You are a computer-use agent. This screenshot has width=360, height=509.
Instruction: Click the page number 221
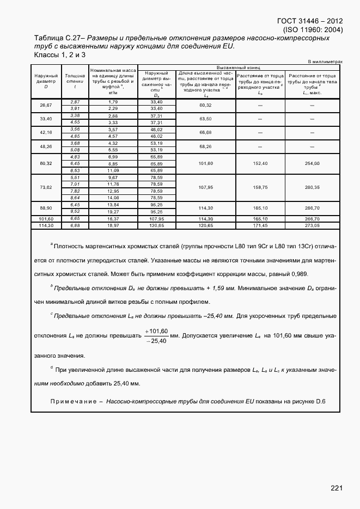[x=336, y=488]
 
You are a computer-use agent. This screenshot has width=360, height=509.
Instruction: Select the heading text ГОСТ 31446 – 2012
[x=307, y=22]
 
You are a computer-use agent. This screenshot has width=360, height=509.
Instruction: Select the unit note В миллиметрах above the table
[x=325, y=62]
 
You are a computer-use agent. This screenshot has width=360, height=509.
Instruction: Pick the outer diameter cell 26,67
[x=46, y=105]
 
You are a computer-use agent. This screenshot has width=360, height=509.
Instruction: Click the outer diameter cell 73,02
[x=46, y=187]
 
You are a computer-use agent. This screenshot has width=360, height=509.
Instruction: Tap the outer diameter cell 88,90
[x=46, y=207]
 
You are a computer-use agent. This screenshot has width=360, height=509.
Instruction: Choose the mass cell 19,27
[x=113, y=211]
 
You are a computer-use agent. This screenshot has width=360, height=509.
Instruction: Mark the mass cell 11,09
[x=113, y=170]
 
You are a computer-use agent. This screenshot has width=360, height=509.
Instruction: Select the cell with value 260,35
[x=312, y=187]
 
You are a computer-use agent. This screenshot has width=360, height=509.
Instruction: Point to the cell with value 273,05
[x=312, y=225]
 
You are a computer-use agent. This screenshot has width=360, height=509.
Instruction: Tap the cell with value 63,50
[x=205, y=119]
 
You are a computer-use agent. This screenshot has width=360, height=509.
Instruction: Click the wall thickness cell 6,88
[x=75, y=225]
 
